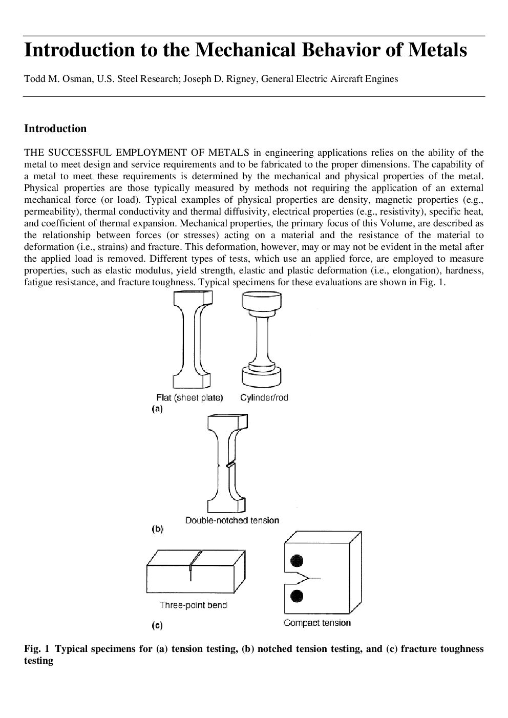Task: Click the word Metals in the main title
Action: [437, 50]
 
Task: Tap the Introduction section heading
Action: [55, 129]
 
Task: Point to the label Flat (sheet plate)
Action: [190, 398]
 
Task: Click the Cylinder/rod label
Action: [264, 398]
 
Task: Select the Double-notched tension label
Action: [232, 520]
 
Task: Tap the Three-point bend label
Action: [193, 605]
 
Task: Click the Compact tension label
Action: [317, 623]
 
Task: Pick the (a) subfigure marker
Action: [157, 409]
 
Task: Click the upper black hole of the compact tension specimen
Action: [297, 561]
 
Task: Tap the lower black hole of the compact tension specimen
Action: [297, 596]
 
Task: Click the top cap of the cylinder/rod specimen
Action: [262, 300]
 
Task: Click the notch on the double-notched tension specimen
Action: [230, 465]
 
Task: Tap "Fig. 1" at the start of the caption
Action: [37, 649]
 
